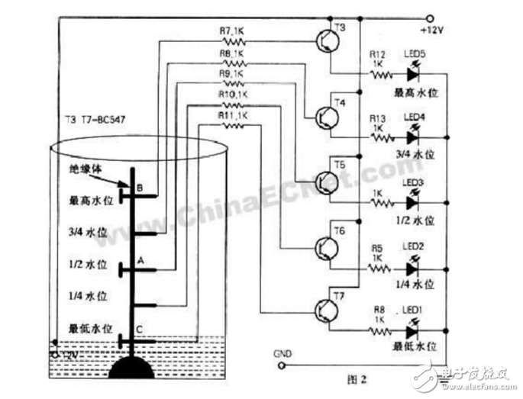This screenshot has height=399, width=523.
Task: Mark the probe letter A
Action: (x=140, y=259)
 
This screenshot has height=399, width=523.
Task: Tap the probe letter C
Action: (x=138, y=330)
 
